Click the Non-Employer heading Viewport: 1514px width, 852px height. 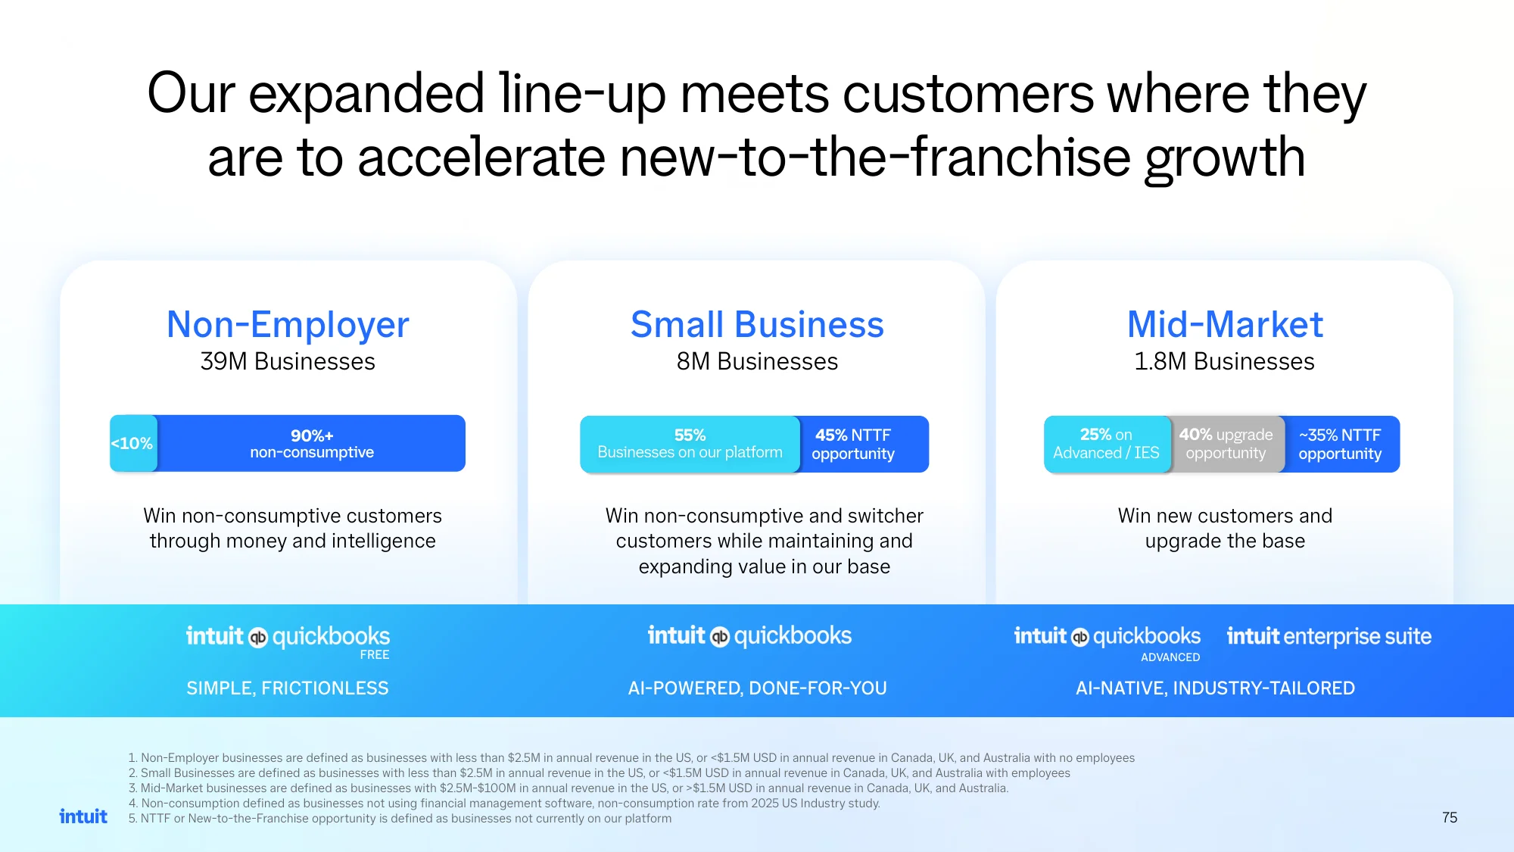288,325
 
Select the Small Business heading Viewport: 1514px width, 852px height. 757,325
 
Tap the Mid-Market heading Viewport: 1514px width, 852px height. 1225,325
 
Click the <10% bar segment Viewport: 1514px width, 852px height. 133,443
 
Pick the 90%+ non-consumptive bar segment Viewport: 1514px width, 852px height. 311,443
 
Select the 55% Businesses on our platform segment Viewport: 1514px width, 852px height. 690,444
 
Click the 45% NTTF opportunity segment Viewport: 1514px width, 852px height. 864,444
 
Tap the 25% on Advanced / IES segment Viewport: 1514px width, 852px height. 1107,444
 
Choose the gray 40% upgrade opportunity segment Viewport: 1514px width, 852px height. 1227,444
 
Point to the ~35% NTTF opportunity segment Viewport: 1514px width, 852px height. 1341,444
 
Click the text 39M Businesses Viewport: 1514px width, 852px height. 288,362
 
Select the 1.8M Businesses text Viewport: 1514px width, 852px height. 1224,362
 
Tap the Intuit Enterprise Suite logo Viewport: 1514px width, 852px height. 1329,636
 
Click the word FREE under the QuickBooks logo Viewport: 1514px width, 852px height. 375,655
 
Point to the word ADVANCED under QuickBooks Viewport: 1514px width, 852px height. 1170,657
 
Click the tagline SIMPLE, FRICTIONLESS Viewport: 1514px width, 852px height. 288,688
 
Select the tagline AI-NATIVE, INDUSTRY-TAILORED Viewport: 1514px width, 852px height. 1215,688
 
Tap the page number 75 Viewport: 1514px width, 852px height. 1450,817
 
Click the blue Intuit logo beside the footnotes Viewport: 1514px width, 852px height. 83,816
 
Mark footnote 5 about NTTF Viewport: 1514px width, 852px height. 400,819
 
